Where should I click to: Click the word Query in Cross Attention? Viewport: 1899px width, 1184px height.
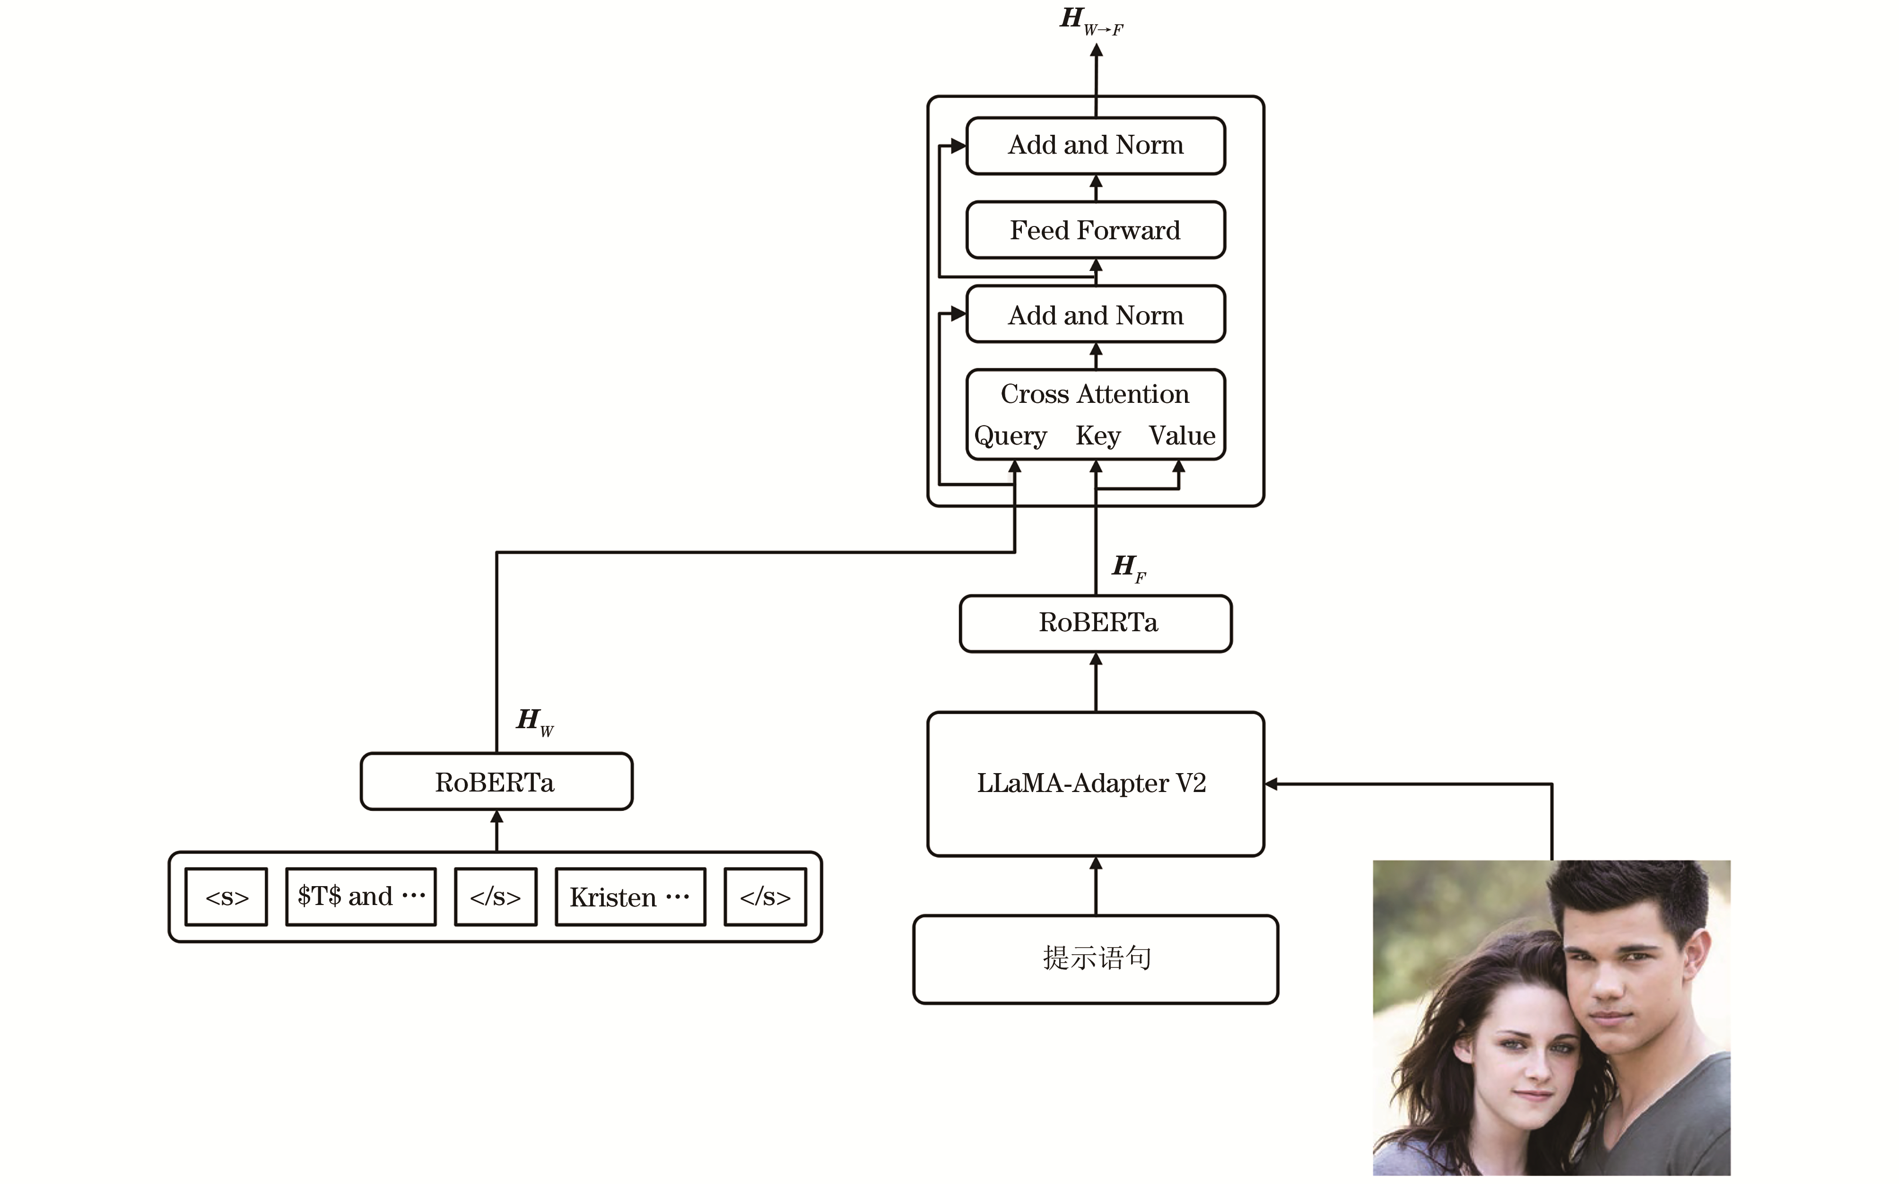(1010, 436)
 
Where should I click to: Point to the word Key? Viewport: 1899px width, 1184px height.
(1098, 436)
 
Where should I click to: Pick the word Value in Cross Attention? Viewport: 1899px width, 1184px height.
(1182, 436)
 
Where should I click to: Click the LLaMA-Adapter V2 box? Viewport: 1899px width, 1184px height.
(1095, 783)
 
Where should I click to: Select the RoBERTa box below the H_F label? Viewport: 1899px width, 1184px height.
(1096, 623)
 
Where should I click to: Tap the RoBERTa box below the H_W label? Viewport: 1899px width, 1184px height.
(496, 782)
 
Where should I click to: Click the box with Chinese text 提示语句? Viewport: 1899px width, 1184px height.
(1096, 958)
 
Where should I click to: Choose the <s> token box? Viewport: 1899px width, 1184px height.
(226, 897)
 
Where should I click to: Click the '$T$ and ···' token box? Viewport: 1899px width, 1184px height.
(360, 897)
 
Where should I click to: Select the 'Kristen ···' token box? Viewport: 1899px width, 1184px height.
(629, 897)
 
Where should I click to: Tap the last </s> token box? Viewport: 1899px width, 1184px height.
(765, 897)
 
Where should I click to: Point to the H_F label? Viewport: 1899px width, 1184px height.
(1128, 567)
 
